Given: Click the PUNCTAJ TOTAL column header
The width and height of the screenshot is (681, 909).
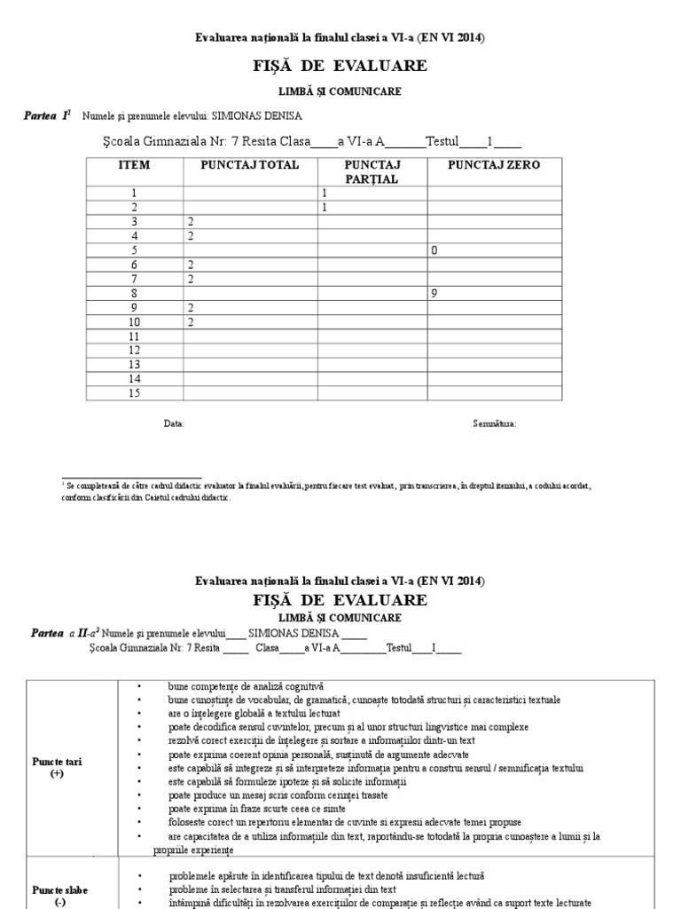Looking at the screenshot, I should pyautogui.click(x=250, y=165).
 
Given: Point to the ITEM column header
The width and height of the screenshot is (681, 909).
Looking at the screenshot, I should pyautogui.click(x=134, y=165).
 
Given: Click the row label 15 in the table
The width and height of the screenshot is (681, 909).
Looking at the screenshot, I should pyautogui.click(x=135, y=393).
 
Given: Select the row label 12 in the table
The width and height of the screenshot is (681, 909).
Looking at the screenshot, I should pyautogui.click(x=135, y=351).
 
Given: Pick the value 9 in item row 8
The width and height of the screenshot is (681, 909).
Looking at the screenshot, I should pyautogui.click(x=434, y=293).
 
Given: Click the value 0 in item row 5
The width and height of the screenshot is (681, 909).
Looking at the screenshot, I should pyautogui.click(x=434, y=250).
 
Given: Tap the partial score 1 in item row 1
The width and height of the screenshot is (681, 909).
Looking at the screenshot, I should pyautogui.click(x=325, y=193).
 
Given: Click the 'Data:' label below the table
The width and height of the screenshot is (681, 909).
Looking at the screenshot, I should pyautogui.click(x=174, y=424).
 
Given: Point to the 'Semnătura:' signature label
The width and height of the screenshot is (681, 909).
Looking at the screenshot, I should pyautogui.click(x=495, y=424).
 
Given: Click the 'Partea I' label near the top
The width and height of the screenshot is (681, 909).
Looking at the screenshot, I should pyautogui.click(x=46, y=116).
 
